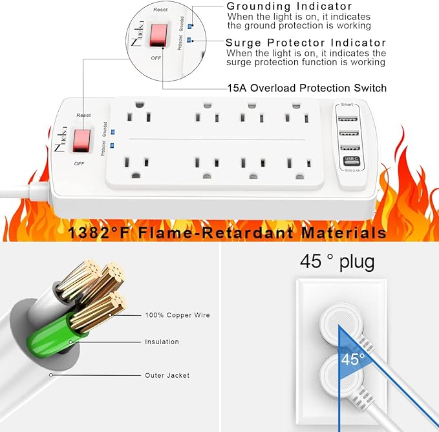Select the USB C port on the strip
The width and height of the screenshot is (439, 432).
(x=351, y=159)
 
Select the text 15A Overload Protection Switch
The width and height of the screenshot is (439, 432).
(x=306, y=88)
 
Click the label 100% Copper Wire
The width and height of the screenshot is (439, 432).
(x=177, y=315)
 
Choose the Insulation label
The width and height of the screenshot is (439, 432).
(x=162, y=342)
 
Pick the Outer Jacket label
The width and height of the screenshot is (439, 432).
(x=167, y=375)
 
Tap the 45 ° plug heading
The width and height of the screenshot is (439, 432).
(x=337, y=262)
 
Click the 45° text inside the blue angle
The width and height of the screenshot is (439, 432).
(x=353, y=358)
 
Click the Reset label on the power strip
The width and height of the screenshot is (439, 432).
(x=83, y=115)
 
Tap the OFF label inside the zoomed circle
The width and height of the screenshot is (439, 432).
(x=156, y=57)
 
